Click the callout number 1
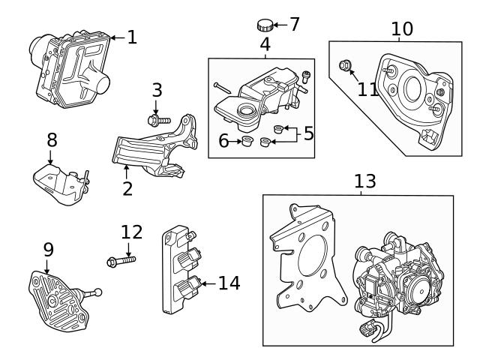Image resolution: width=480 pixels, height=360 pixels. point(132,36)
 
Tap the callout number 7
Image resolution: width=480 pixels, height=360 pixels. point(294,25)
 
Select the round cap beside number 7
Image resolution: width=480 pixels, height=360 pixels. point(265,25)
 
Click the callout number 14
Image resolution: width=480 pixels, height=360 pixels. point(229,283)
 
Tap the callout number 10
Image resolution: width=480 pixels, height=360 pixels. point(402,29)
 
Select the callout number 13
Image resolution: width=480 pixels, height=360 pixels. point(364,182)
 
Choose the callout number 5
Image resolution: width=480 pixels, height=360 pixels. point(308,134)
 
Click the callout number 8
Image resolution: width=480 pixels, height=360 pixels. point(51,139)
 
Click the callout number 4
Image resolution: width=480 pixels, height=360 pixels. point(265,44)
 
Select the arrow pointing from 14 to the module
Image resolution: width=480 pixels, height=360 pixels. point(207,283)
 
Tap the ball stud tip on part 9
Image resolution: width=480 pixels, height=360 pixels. point(98,293)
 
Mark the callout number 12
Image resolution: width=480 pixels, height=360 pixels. point(130,232)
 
